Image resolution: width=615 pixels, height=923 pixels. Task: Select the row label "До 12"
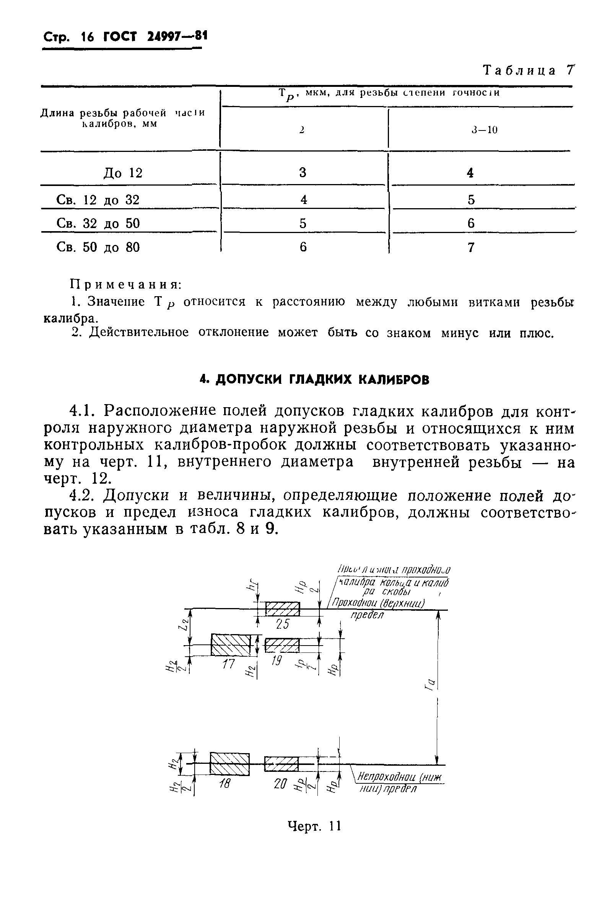coord(123,173)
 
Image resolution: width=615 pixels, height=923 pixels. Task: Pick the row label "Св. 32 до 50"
coord(98,223)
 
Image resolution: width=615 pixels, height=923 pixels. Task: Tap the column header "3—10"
coord(485,130)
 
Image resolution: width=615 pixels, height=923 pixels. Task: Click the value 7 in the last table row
coord(471,247)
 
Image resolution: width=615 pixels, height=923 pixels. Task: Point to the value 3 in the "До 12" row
coord(303,172)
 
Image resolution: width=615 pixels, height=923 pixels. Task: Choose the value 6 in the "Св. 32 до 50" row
coord(471,223)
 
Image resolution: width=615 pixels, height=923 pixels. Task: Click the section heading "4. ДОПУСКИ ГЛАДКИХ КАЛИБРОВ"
coord(314,380)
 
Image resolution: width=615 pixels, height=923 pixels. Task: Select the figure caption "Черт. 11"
coord(314,826)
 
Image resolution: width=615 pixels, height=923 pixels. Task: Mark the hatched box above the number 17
coord(231,644)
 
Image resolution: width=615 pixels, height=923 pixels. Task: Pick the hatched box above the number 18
coord(229,764)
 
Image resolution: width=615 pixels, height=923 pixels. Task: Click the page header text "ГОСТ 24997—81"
coord(155,36)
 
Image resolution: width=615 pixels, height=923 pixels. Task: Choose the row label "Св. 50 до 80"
coord(98,247)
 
